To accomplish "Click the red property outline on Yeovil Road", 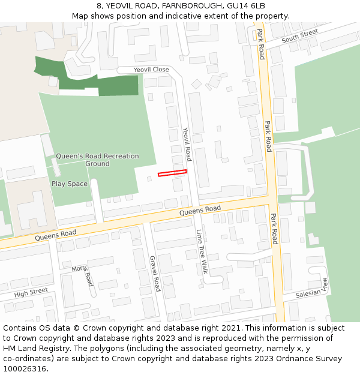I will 172,173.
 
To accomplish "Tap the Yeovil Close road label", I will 151,70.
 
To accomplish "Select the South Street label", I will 299,36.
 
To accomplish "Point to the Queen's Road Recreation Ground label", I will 97,160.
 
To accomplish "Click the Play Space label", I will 70,184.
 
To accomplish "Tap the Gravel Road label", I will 155,273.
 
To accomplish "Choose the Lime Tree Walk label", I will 202,251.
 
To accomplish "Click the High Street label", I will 31,293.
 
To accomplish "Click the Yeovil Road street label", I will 187,143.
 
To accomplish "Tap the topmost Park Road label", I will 261,44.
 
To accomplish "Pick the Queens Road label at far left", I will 55,235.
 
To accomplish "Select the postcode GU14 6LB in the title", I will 248,6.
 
